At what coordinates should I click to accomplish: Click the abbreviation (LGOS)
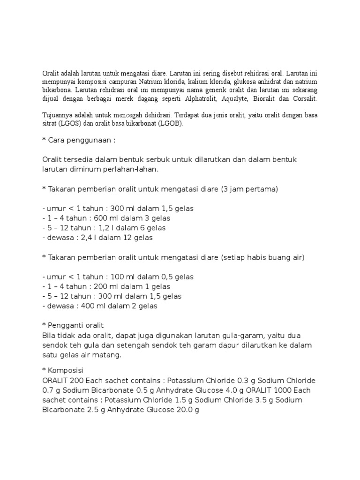[68, 124]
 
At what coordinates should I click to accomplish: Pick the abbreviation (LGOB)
[169, 124]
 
